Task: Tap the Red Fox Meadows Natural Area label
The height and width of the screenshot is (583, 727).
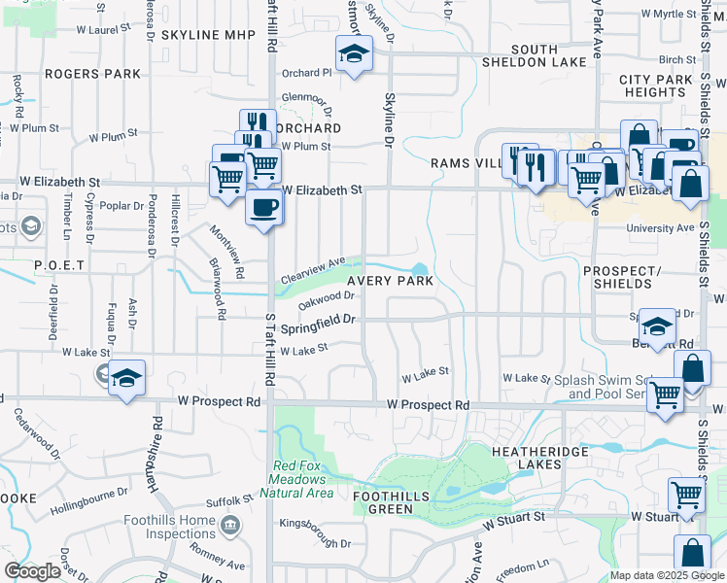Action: click(304, 479)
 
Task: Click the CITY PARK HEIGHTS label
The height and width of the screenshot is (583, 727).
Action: click(656, 86)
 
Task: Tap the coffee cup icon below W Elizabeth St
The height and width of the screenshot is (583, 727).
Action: click(262, 206)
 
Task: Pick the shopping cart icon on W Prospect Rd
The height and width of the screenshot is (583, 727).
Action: click(665, 394)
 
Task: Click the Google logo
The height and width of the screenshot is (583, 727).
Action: click(32, 571)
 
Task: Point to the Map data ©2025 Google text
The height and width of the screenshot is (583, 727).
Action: click(666, 575)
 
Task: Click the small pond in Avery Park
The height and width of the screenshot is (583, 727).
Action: click(420, 270)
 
